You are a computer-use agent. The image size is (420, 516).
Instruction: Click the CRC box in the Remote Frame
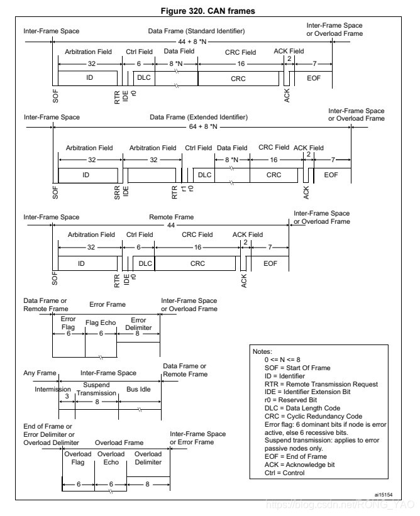coord(197,263)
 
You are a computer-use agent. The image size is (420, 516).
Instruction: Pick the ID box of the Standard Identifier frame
coord(87,78)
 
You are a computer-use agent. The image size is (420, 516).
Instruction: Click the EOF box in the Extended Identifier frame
coord(331,175)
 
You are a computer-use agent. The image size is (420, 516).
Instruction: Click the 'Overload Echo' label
coord(110,458)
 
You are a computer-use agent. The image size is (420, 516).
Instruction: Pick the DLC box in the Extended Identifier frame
coord(204,175)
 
